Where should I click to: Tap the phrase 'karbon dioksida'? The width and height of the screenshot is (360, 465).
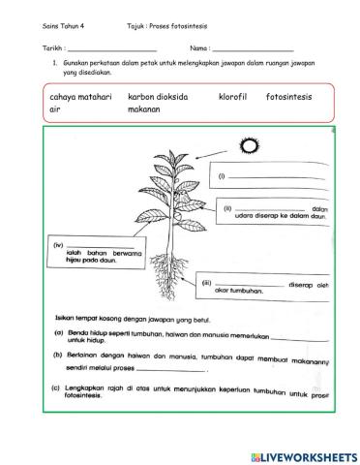click(158, 98)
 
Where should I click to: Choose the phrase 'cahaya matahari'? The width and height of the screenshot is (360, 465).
click(80, 98)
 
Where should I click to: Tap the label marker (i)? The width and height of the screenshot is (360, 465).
click(221, 175)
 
